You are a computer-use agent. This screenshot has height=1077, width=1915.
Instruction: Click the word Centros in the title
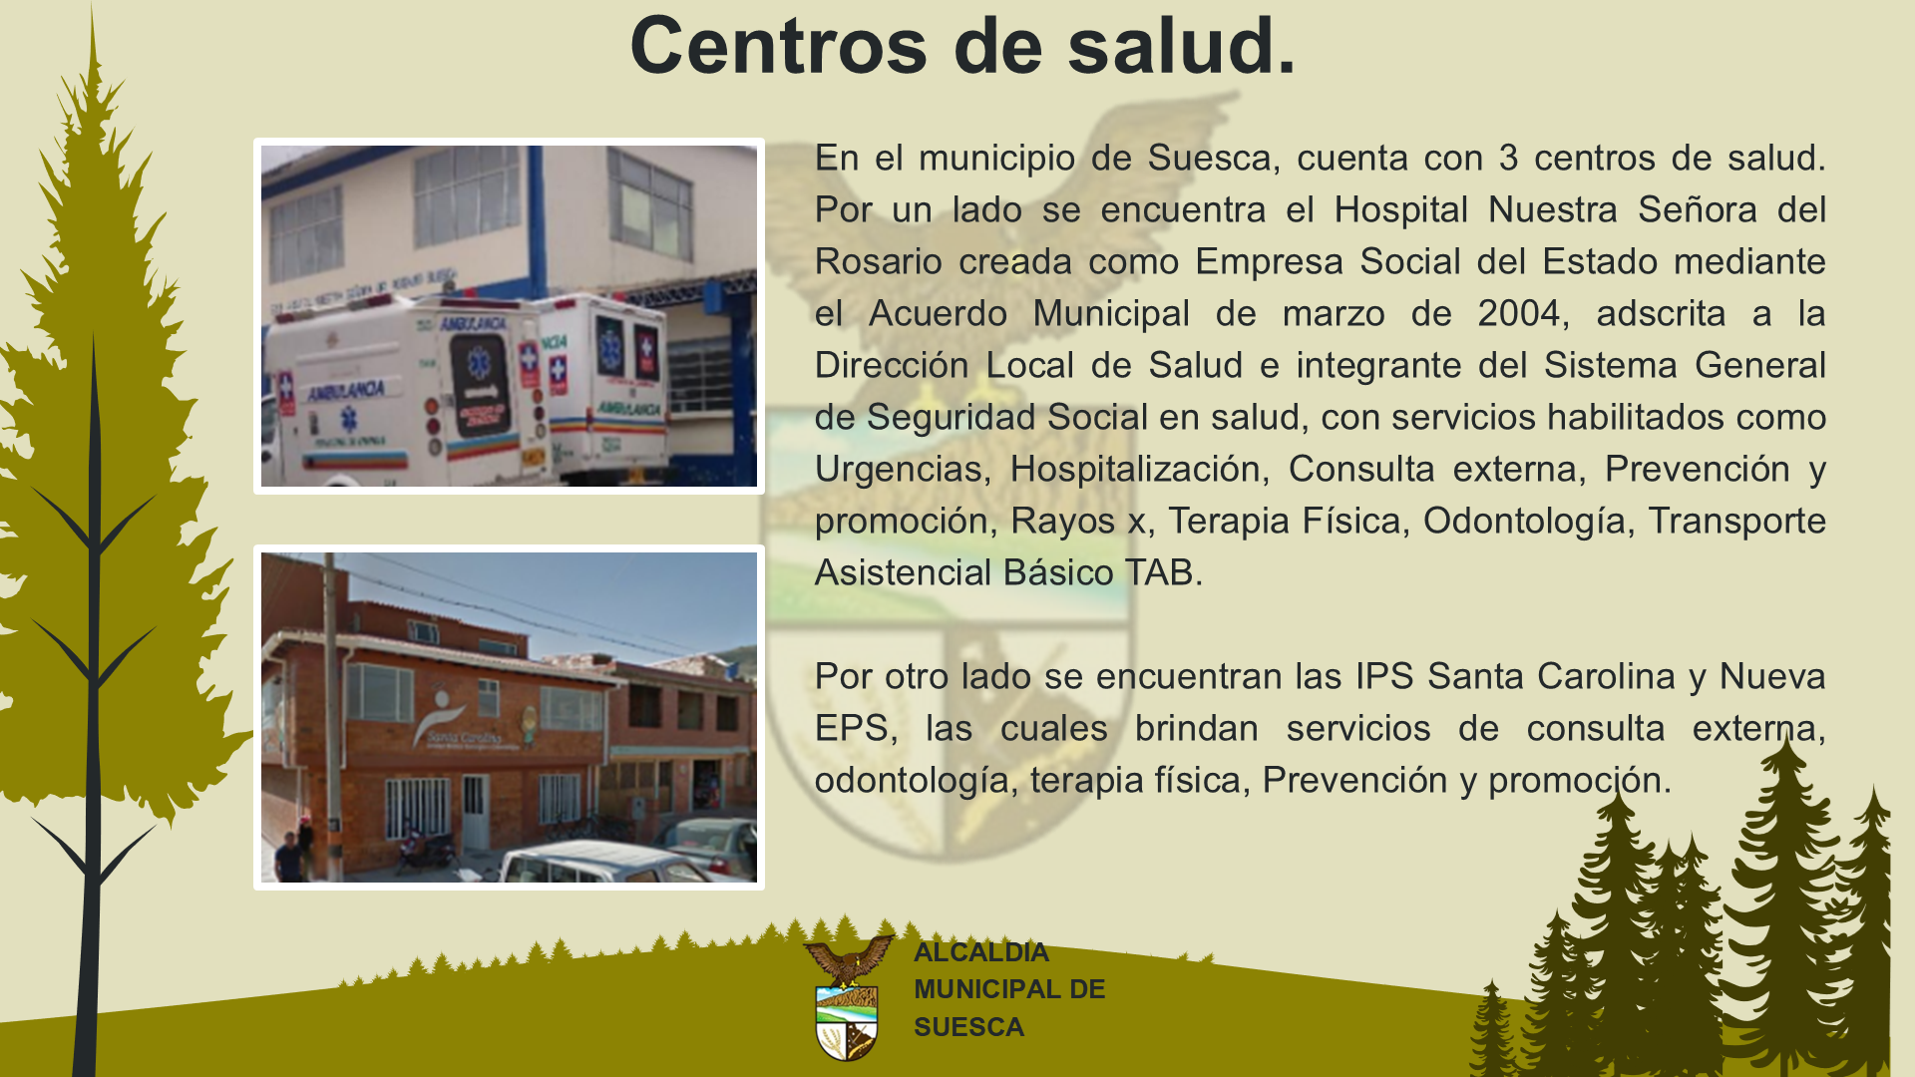(779, 46)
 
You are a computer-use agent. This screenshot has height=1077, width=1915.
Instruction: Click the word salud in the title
(1171, 46)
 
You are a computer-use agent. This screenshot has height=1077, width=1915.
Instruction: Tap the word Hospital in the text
(1401, 210)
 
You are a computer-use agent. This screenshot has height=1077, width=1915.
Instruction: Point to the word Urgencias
(898, 470)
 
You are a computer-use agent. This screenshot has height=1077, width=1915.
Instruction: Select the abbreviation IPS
(1384, 676)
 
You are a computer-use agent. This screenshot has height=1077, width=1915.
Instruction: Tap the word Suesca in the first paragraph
(1209, 158)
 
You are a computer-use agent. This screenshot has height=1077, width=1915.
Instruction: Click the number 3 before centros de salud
(1508, 158)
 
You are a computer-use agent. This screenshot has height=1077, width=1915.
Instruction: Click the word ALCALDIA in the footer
(981, 952)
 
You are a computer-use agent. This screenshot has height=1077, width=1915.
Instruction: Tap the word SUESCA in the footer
(968, 1027)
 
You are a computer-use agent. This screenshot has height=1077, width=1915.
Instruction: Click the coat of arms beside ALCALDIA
(848, 997)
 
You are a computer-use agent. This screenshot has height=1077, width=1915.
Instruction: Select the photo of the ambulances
(509, 316)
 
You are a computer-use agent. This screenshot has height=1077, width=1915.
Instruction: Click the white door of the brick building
(475, 811)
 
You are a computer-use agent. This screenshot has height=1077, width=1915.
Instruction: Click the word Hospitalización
(1135, 470)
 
